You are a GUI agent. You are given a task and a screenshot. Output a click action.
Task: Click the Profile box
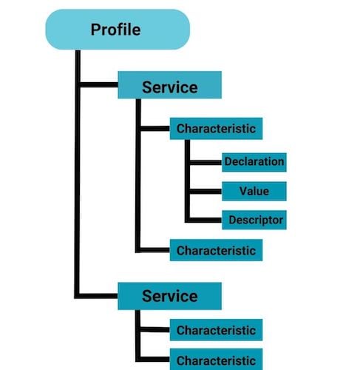click(x=117, y=30)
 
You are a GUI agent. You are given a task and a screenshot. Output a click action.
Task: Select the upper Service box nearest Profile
click(x=170, y=87)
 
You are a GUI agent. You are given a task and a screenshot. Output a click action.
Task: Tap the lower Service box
click(x=170, y=296)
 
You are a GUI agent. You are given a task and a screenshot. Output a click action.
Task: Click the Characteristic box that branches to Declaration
click(x=216, y=129)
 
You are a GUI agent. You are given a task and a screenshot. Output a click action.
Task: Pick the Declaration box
click(x=254, y=161)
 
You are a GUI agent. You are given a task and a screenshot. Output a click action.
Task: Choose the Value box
click(x=254, y=191)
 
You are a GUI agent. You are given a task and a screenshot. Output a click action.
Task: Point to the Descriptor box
click(x=254, y=220)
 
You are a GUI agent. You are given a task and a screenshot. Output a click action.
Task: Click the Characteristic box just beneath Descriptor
click(x=216, y=250)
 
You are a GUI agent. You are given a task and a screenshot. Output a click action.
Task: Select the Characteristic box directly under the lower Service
click(x=216, y=330)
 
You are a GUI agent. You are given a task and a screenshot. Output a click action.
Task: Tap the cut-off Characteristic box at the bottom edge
click(x=216, y=360)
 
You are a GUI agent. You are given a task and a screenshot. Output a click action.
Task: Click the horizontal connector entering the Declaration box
click(x=205, y=161)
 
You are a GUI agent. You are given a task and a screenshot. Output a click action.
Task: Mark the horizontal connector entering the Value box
click(x=205, y=191)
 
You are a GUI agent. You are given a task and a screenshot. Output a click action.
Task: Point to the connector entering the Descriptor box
click(x=205, y=220)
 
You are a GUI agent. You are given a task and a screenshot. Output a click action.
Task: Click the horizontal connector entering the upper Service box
click(x=98, y=87)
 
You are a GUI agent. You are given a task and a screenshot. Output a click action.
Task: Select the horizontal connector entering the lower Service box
click(x=98, y=296)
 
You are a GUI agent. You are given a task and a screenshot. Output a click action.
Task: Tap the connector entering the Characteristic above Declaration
click(x=153, y=129)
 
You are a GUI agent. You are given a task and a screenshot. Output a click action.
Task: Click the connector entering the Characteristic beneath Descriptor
click(x=153, y=250)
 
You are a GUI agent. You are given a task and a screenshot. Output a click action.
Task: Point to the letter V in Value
click(x=243, y=191)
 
